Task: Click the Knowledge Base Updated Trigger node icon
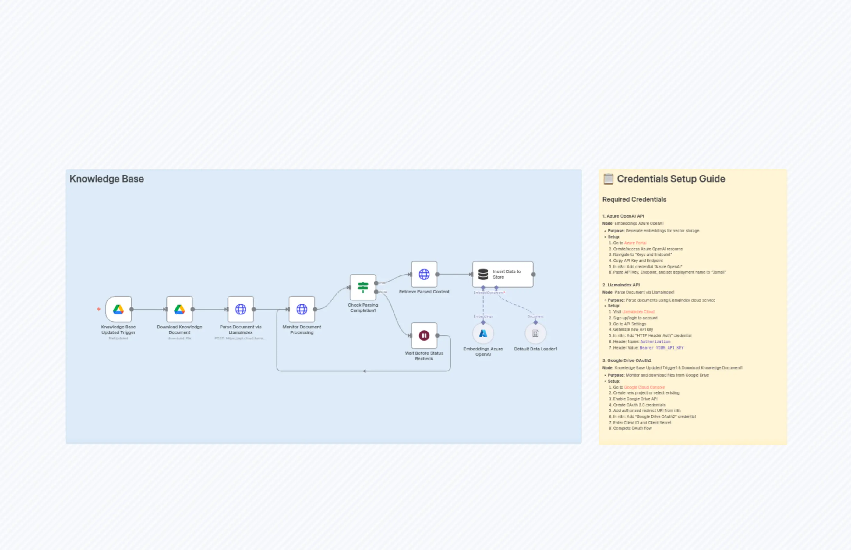(x=118, y=309)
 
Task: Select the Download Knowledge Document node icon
(x=180, y=309)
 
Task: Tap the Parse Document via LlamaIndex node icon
(x=241, y=309)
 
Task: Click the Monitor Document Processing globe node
(x=302, y=309)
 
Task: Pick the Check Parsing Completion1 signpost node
(x=363, y=287)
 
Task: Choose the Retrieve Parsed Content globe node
(x=424, y=274)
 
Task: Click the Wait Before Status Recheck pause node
(x=424, y=335)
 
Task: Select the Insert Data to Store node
(x=503, y=274)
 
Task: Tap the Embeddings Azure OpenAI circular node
(x=483, y=334)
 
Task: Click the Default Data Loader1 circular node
(x=535, y=334)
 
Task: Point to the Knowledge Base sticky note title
(x=106, y=179)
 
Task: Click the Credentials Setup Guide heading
(x=671, y=179)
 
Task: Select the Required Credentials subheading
(x=634, y=199)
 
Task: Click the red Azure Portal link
(x=635, y=243)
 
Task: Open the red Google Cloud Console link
(x=644, y=387)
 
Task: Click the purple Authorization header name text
(x=655, y=342)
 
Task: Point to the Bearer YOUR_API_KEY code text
(x=662, y=348)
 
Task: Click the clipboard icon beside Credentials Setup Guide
(x=608, y=179)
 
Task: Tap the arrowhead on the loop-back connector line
(x=365, y=371)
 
